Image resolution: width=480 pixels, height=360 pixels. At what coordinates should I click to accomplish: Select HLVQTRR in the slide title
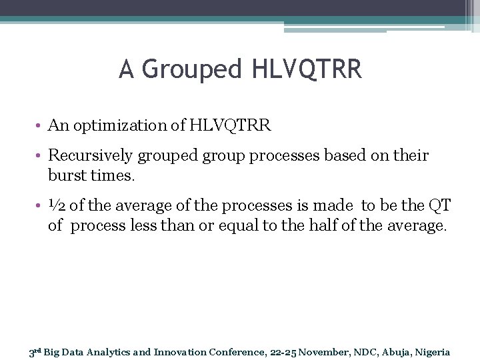coord(307,69)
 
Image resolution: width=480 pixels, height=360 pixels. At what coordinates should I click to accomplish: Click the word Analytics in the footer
coord(98,352)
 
